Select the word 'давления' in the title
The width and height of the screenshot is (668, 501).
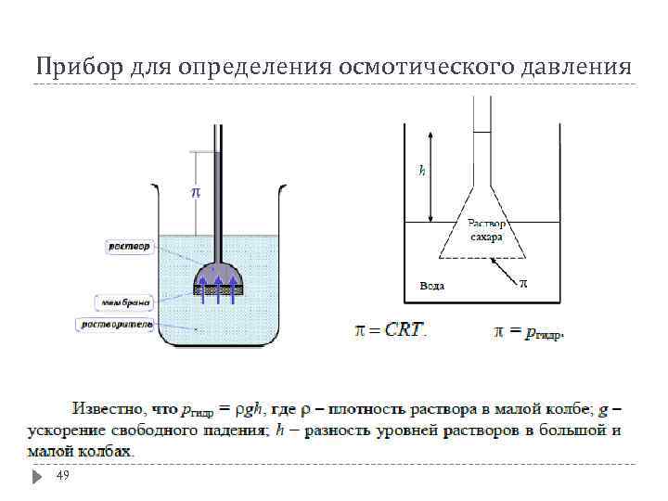[575, 67]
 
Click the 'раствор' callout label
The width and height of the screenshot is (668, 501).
[128, 246]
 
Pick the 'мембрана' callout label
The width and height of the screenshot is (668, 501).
[124, 302]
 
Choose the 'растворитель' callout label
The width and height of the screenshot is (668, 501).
[117, 324]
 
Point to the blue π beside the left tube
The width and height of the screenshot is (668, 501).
[196, 192]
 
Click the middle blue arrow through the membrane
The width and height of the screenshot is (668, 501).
[219, 287]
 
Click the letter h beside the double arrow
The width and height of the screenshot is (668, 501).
[422, 170]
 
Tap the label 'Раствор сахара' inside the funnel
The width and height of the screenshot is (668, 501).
[485, 230]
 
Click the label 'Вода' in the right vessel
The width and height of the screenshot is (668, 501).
[432, 286]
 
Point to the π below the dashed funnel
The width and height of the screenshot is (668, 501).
[522, 283]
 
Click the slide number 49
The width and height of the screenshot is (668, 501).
[63, 475]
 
